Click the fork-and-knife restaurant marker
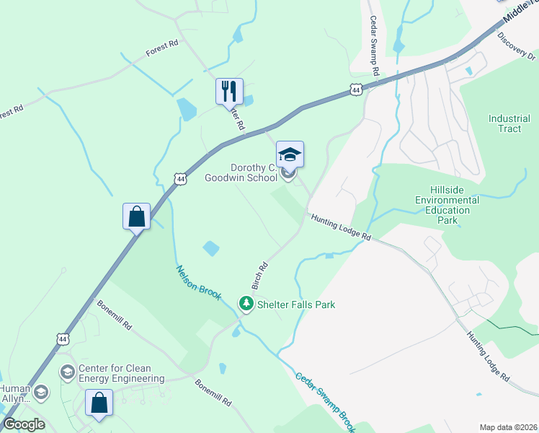(229, 92)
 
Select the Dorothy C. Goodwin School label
(241, 172)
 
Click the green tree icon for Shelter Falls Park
(246, 305)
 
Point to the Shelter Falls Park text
(296, 305)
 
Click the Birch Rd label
(260, 275)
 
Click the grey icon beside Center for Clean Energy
(68, 372)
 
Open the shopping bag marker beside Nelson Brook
(136, 216)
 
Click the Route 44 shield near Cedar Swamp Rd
(356, 89)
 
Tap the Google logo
(24, 424)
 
